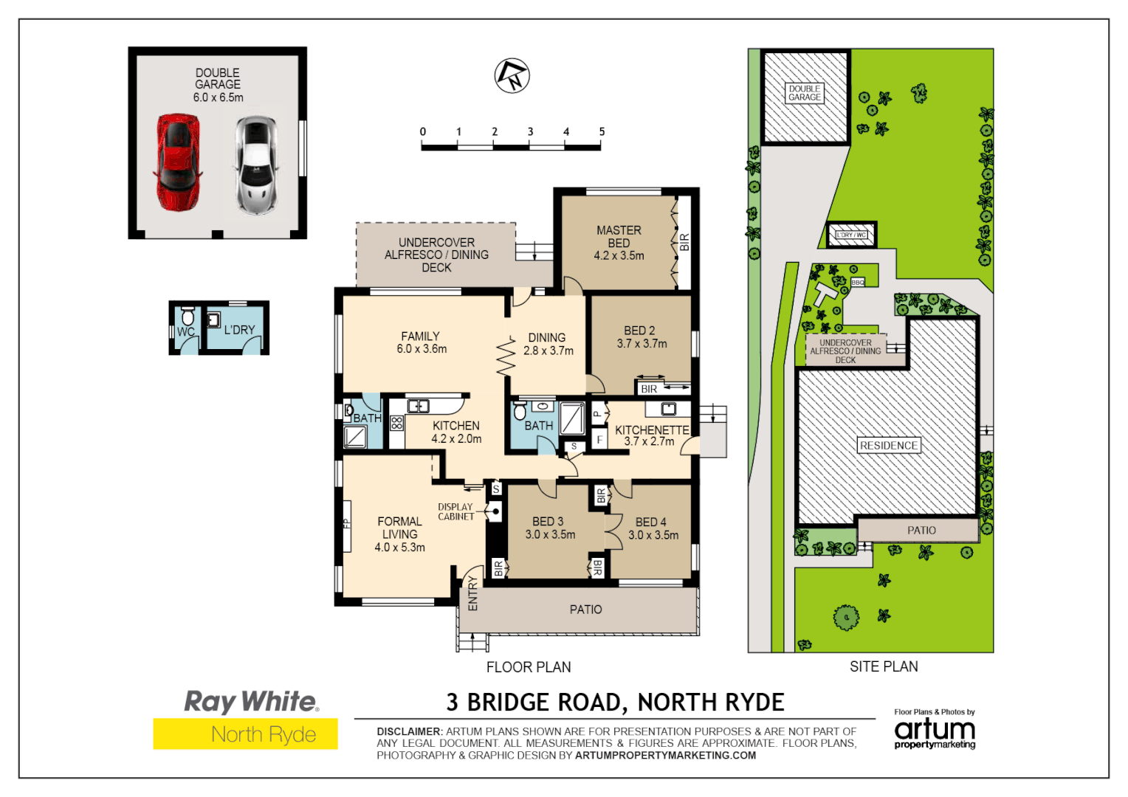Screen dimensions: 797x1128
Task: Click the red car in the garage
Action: [177, 162]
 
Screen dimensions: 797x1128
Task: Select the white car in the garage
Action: [255, 165]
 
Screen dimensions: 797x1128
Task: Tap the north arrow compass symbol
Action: [512, 75]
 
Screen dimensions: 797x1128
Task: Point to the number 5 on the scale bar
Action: [602, 132]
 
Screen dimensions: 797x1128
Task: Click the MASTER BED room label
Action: [619, 243]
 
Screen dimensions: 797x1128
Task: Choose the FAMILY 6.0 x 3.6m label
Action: [421, 342]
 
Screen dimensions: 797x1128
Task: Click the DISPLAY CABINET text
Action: [455, 512]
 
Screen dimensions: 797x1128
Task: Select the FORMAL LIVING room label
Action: [399, 534]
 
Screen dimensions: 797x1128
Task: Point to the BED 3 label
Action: [548, 522]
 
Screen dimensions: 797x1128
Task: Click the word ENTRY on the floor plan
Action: [473, 593]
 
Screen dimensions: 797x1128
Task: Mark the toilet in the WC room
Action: [188, 317]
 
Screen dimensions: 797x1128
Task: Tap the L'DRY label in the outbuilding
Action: [239, 330]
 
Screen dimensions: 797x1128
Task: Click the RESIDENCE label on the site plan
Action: [889, 446]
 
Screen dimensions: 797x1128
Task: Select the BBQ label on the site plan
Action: [857, 283]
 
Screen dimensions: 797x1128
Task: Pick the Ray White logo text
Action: [251, 701]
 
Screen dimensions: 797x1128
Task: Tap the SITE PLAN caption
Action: [884, 666]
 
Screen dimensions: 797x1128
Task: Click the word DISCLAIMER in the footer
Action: [408, 731]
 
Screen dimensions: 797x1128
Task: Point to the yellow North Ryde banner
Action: [245, 734]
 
